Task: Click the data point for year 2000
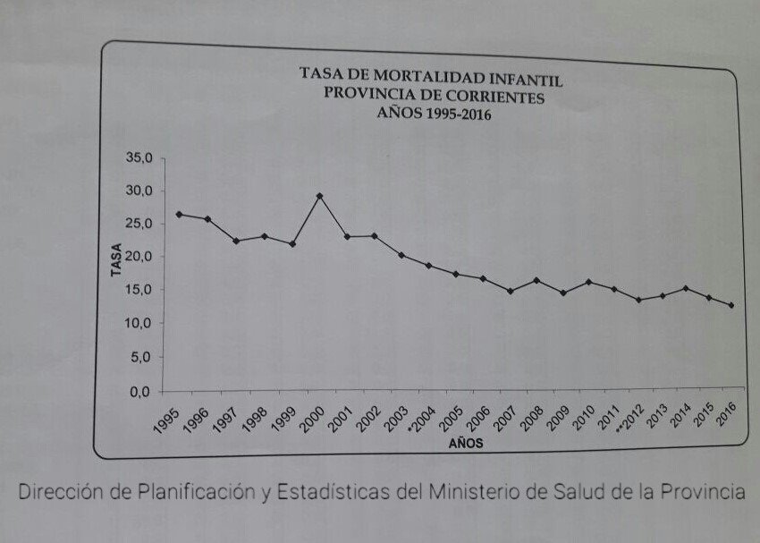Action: tap(319, 196)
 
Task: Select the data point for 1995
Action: tap(179, 215)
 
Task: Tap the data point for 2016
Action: tap(731, 306)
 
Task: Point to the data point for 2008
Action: tap(536, 281)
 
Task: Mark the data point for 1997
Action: tap(236, 241)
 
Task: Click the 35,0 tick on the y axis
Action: tap(141, 158)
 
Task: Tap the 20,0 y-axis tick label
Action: tap(140, 257)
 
